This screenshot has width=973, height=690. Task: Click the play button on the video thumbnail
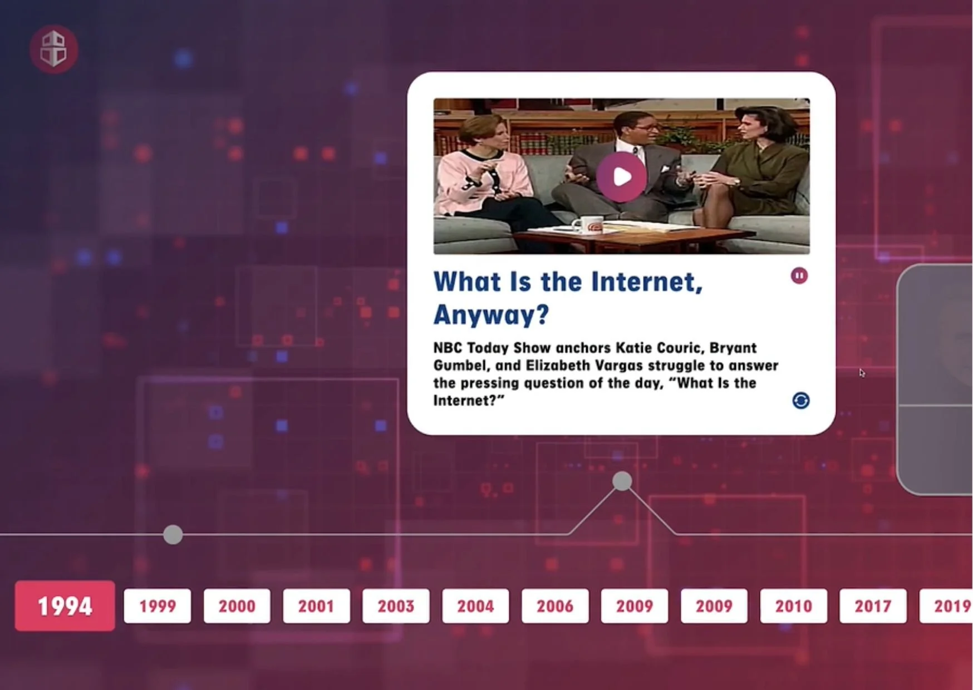point(622,177)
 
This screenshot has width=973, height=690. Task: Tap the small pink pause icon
point(799,275)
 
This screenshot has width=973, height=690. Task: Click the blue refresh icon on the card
point(801,401)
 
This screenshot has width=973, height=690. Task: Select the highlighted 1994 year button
point(65,606)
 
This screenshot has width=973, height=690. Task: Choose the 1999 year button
point(158,606)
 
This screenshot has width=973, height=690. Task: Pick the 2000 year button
point(237,606)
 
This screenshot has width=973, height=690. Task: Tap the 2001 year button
point(316,606)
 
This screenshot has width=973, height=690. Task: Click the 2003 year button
point(396,606)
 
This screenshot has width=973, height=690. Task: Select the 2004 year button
point(475,606)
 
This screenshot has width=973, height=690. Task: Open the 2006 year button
point(555,606)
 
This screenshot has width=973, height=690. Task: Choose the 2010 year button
point(794,606)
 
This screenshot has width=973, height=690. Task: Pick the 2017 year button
point(873,606)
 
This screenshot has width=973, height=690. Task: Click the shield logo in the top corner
point(53,49)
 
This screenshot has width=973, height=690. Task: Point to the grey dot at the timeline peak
point(622,481)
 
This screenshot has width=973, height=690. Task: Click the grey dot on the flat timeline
point(173,535)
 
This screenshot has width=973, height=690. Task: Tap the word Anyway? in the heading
point(492,315)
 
